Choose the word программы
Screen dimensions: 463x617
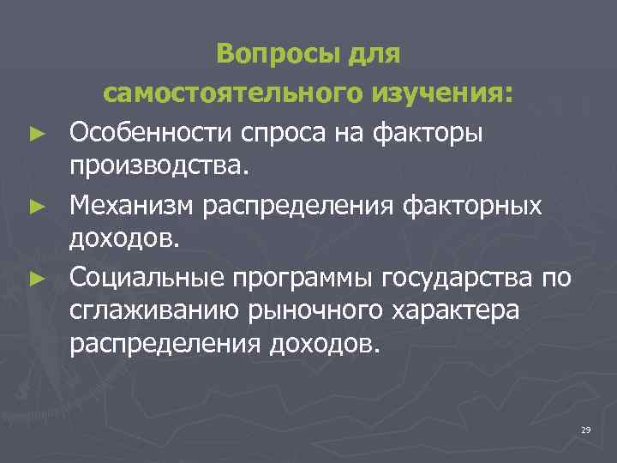point(303,278)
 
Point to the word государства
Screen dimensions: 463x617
point(459,278)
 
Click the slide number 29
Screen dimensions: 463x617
point(585,429)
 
